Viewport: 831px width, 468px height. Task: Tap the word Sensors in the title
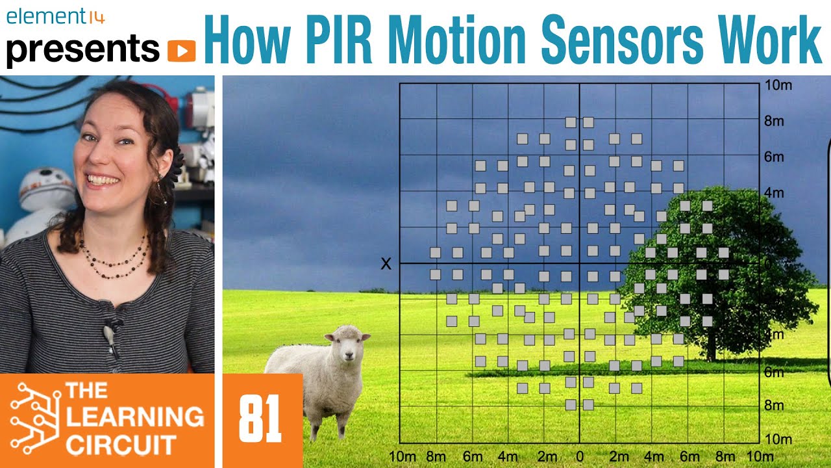[x=623, y=40]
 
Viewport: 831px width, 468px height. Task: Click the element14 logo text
[x=55, y=17]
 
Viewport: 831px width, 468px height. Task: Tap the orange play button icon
[x=181, y=50]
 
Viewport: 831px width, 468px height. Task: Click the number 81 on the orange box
[x=260, y=420]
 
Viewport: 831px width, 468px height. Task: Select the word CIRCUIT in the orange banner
[x=121, y=446]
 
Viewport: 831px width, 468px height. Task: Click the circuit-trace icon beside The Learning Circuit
[x=33, y=418]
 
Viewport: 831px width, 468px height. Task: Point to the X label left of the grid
[x=386, y=263]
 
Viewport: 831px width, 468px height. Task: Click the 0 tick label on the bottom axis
[x=580, y=456]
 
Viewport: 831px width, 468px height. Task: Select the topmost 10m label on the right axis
[x=778, y=86]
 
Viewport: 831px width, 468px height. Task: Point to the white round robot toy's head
[x=45, y=188]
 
